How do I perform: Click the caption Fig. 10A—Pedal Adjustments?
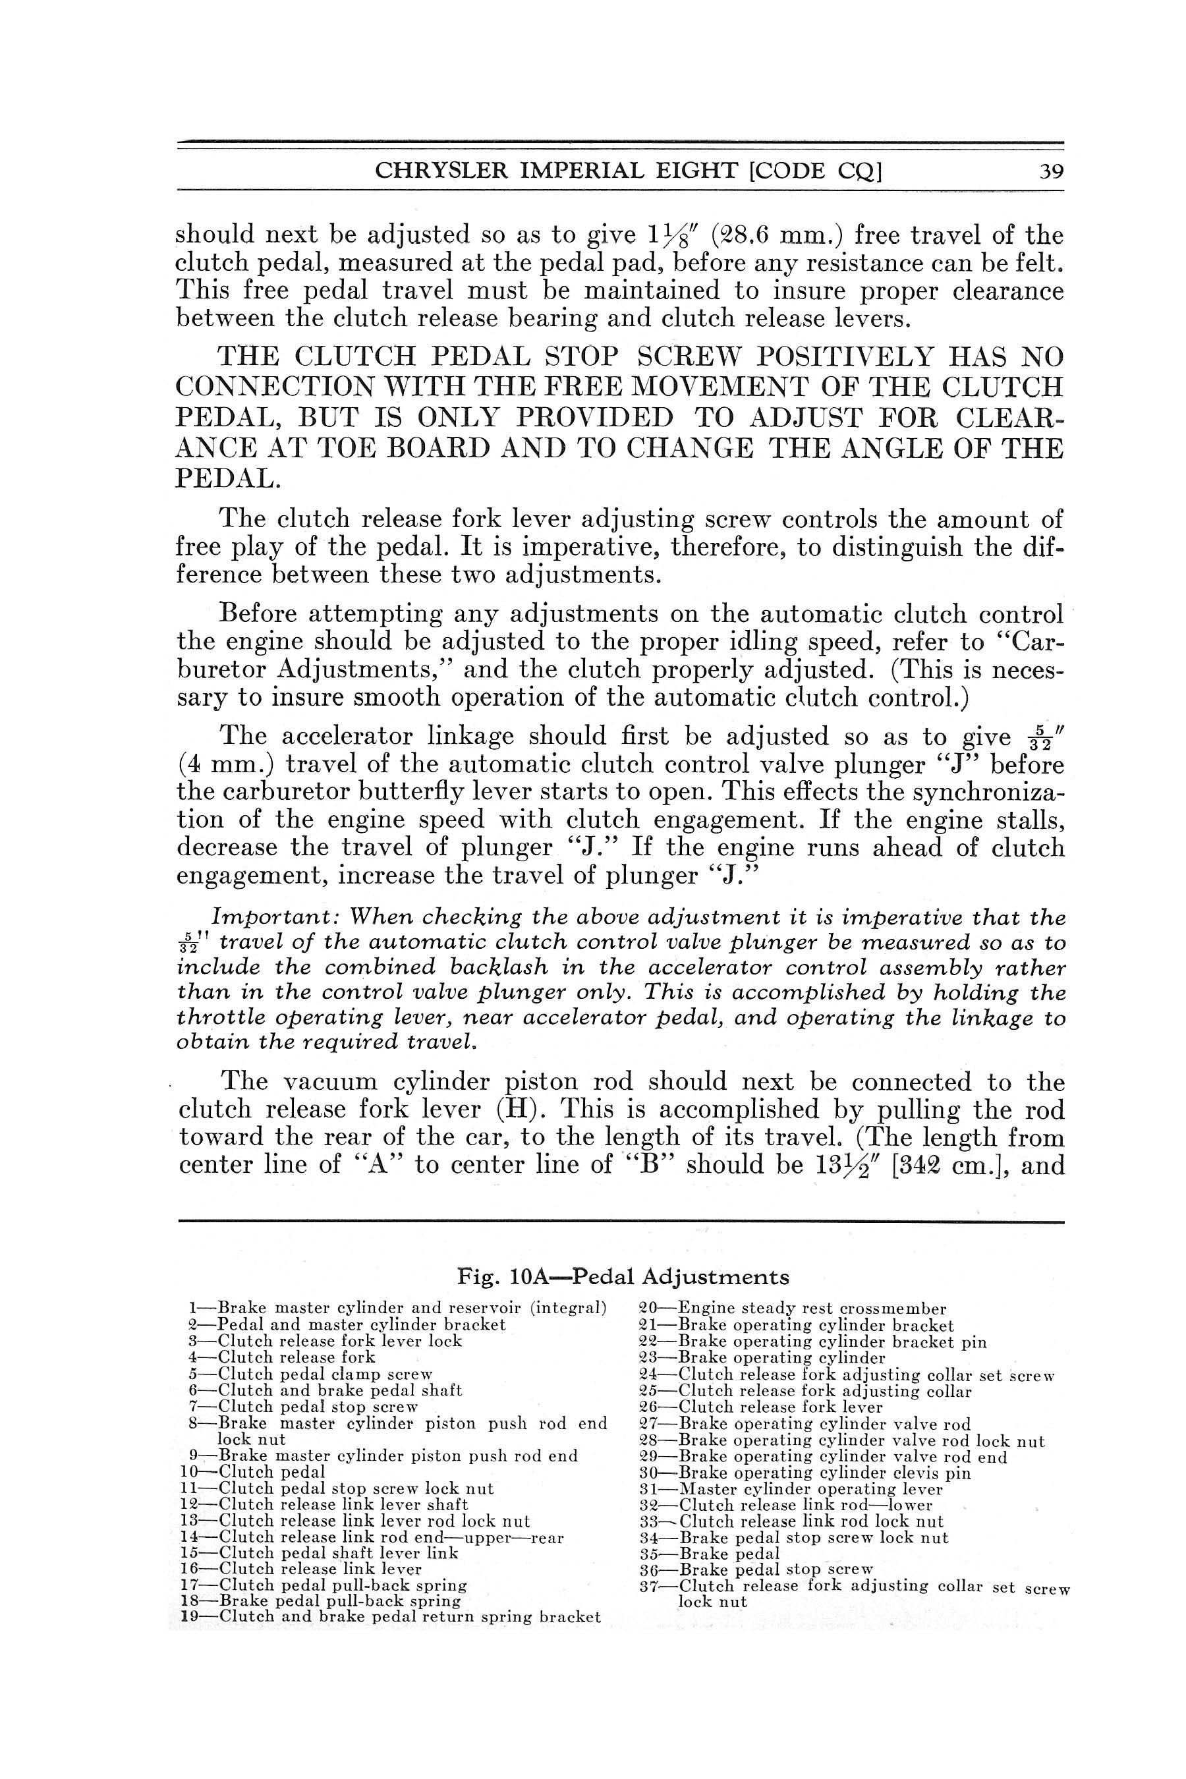[x=623, y=1277]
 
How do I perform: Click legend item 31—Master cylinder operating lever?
[x=791, y=1488]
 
